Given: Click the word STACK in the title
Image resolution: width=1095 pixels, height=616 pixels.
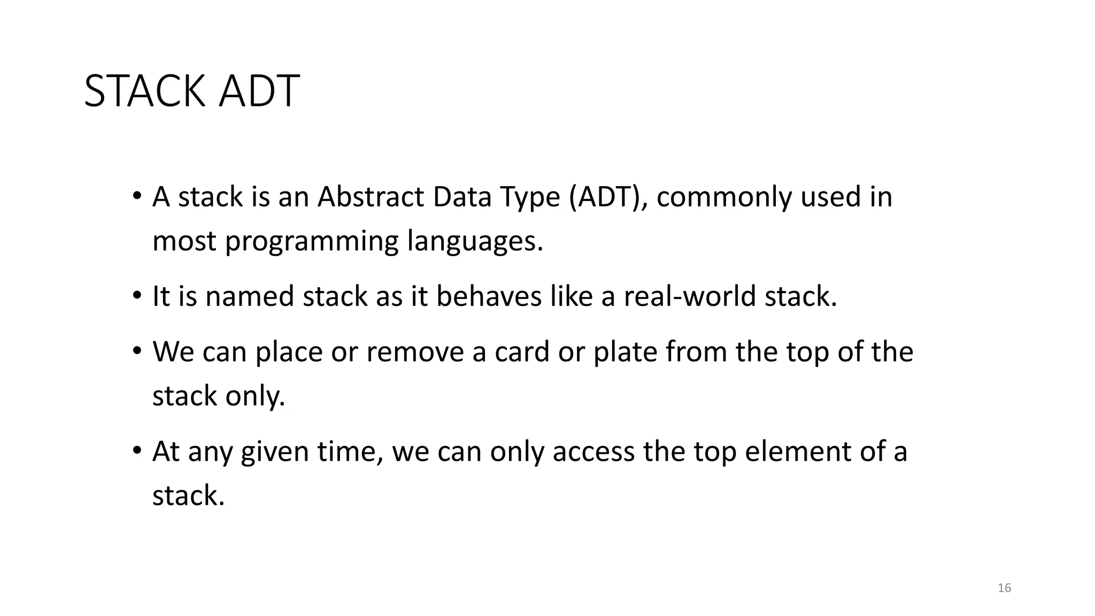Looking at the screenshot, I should point(144,91).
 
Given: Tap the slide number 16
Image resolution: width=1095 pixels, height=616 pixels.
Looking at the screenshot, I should point(1004,588).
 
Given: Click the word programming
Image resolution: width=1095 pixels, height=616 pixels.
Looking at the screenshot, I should point(311,242).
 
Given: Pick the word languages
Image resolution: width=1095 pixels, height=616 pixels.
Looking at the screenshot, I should point(475,242).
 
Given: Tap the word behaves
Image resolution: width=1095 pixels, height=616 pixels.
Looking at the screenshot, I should point(489,296).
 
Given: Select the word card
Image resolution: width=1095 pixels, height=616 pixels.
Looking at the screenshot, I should point(522,352).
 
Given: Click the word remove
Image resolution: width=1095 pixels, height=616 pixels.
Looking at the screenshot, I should point(414,352).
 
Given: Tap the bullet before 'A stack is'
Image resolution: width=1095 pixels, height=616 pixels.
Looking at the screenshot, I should point(137,196).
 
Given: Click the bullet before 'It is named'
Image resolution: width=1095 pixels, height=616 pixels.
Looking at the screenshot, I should point(137,296).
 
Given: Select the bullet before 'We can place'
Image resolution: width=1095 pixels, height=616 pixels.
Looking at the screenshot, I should point(137,351).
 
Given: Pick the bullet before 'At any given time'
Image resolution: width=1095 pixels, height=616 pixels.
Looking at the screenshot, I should point(137,451).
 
